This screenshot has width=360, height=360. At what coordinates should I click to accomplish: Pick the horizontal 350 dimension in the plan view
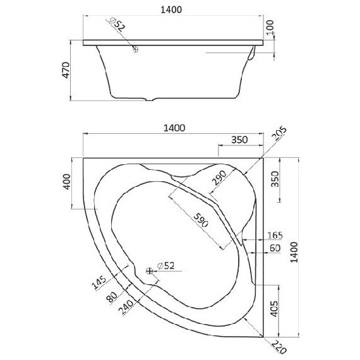[238, 140]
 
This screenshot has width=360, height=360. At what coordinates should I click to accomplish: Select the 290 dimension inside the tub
[219, 180]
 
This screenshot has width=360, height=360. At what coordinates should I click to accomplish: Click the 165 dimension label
[273, 235]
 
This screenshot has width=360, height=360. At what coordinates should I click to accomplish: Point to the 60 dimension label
[275, 248]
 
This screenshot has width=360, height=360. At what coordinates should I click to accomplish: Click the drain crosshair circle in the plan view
[149, 270]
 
